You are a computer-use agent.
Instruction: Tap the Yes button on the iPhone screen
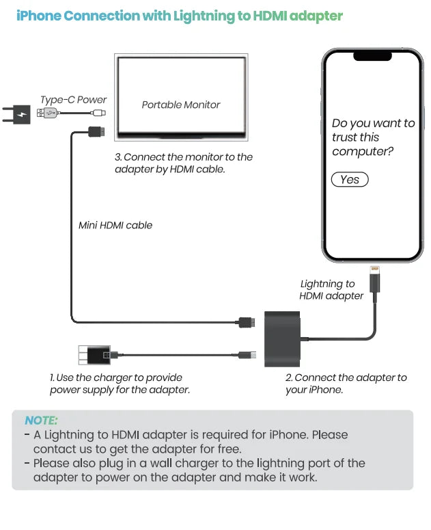(x=350, y=179)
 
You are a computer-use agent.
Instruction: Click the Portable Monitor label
(x=181, y=105)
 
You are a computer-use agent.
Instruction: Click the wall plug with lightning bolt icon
(x=20, y=114)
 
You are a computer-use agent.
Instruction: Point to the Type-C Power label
(x=73, y=99)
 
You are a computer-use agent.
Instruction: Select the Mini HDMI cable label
(x=115, y=225)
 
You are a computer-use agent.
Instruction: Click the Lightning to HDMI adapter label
(x=331, y=290)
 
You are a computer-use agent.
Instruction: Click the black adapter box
(x=282, y=339)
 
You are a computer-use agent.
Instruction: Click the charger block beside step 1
(x=94, y=355)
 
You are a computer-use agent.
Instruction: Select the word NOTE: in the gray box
(x=41, y=421)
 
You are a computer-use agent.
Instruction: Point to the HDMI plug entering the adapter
(x=245, y=321)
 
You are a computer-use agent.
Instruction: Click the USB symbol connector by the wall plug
(x=47, y=114)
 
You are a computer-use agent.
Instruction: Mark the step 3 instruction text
(x=183, y=163)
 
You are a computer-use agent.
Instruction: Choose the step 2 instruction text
(x=346, y=383)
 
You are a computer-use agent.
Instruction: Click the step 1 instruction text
(x=120, y=383)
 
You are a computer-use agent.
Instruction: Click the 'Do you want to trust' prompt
(x=373, y=137)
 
